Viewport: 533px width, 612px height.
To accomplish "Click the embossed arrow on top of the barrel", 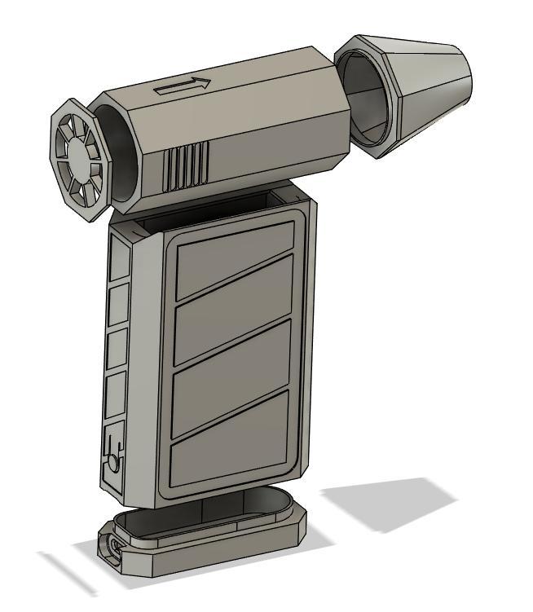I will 183,86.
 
